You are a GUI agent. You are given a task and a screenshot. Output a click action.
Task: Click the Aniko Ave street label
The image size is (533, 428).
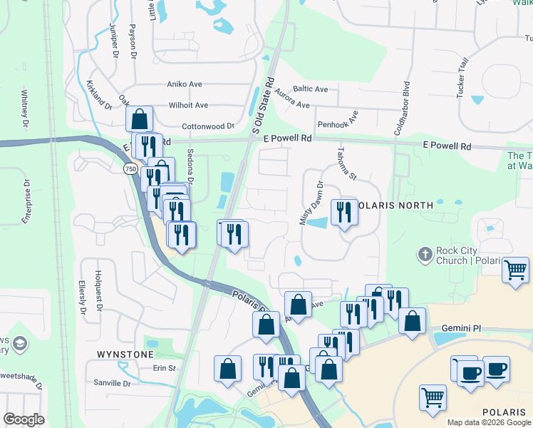tap(184, 84)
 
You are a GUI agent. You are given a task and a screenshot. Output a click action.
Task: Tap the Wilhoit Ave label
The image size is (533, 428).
tap(188, 105)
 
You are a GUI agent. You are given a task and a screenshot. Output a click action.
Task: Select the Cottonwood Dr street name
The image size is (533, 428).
tap(208, 126)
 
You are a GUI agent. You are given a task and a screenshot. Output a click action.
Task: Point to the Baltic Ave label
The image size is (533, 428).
tap(311, 89)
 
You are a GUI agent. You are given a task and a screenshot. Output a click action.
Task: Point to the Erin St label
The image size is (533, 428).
tap(164, 368)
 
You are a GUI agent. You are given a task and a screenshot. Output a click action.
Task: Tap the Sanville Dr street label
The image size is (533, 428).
tap(113, 383)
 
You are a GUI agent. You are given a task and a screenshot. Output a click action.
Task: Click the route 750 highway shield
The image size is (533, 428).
tap(130, 169)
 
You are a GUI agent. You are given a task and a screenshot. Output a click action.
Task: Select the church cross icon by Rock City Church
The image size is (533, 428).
tap(425, 254)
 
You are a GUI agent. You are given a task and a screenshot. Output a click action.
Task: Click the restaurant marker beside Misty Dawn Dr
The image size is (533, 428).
tap(343, 212)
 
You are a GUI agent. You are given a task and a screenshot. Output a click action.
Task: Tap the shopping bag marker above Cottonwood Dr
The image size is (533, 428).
tap(140, 118)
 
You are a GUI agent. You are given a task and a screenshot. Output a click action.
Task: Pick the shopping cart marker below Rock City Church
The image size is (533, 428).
tap(515, 270)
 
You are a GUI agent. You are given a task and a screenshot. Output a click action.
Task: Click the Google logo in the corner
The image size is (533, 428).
tap(24, 419)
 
